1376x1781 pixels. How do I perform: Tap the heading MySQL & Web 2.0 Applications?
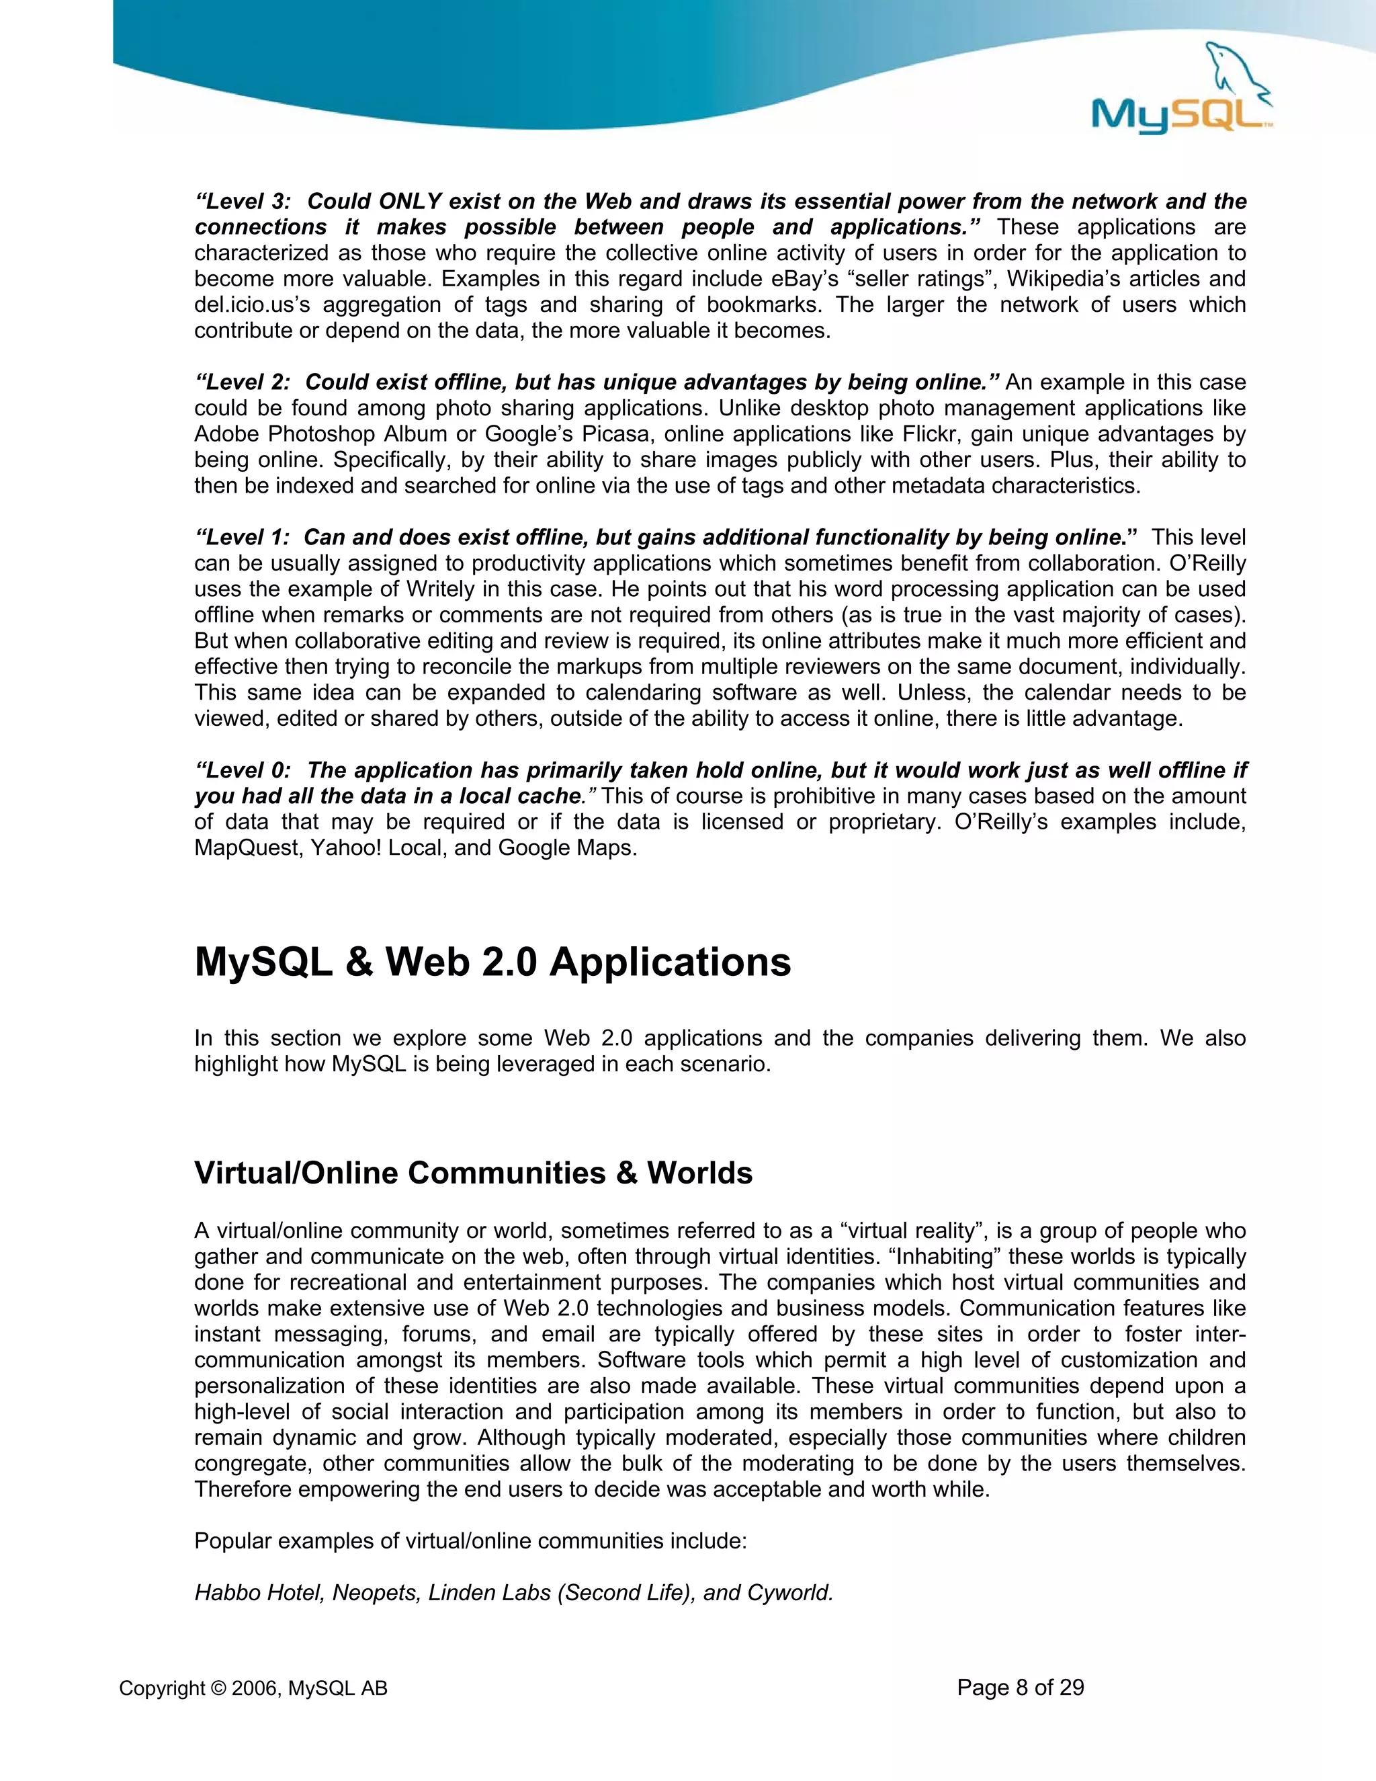[492, 962]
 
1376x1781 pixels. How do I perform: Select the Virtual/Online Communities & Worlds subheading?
[473, 1173]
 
